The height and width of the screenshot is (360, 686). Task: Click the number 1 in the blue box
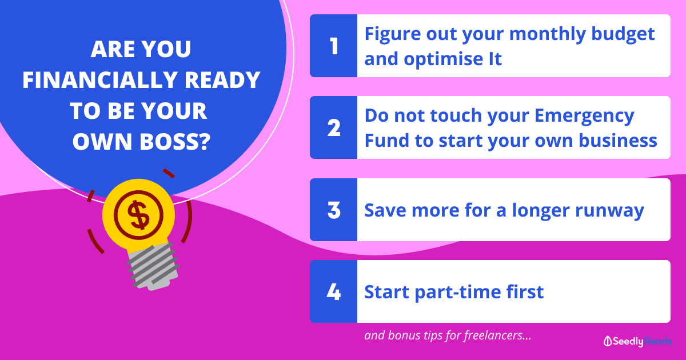[x=334, y=46]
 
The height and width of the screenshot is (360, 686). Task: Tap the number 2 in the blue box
[x=334, y=127]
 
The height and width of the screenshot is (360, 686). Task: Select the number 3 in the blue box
[x=334, y=210]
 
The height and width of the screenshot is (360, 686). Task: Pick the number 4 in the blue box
[x=333, y=292]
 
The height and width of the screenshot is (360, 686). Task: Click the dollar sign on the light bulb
[x=139, y=215]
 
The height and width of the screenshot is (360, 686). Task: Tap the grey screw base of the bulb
[x=153, y=266]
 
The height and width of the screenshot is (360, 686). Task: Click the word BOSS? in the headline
[x=175, y=142]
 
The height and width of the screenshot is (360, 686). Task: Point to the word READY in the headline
[x=222, y=80]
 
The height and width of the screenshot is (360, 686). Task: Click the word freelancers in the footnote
[x=497, y=335]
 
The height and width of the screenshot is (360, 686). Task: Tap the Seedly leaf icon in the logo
[x=608, y=341]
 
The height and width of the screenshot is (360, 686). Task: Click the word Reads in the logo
[x=658, y=341]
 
